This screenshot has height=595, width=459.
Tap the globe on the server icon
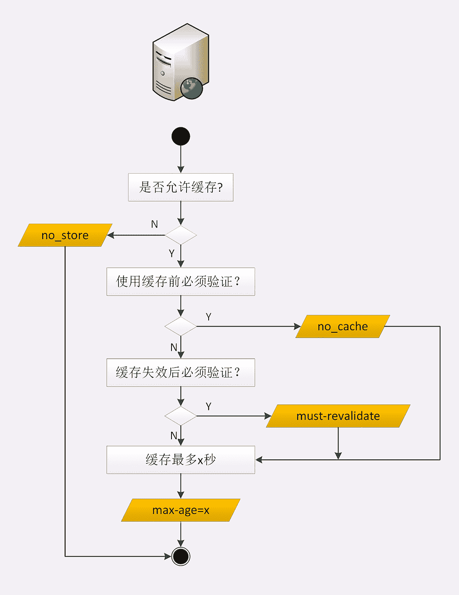192,88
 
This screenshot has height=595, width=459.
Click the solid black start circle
181,137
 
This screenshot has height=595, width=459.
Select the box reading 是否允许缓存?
181,187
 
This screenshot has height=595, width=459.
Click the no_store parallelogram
65,235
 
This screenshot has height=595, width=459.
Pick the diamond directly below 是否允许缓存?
181,235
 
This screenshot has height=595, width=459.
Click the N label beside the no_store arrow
154,225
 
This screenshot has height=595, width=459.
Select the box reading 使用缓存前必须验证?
181,282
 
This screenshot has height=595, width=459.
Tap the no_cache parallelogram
343,327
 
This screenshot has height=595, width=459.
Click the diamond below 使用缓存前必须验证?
181,326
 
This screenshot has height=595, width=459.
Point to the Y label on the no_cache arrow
209,317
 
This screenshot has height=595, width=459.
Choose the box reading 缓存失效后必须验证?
181,372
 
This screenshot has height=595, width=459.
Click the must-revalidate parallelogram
338,416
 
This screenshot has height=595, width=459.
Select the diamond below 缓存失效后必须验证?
181,416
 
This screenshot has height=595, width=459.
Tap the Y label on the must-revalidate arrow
209,406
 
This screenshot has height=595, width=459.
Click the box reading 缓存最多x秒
181,460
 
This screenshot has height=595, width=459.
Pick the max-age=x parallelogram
181,510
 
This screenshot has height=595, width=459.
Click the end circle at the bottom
181,556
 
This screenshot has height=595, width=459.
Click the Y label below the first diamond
171,253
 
